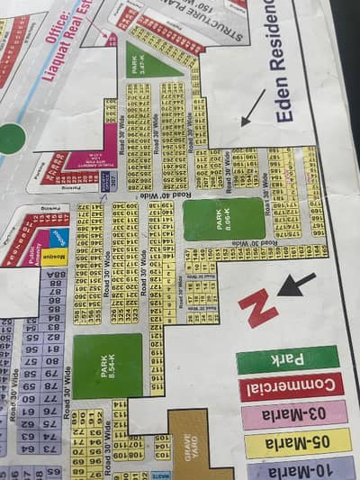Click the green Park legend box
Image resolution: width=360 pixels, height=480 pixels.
tap(287, 358)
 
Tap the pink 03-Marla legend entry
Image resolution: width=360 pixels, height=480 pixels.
tap(294, 415)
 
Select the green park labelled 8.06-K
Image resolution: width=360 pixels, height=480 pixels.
tap(224, 219)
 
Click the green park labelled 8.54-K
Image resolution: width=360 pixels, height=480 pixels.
tap(107, 366)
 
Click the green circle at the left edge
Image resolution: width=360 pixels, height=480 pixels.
tap(10, 138)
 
